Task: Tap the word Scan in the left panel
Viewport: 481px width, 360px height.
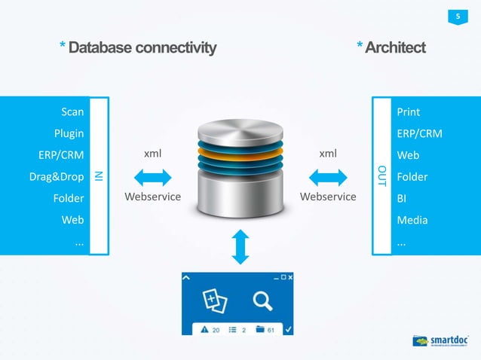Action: [72, 112]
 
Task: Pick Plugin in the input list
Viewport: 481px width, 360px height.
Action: [69, 134]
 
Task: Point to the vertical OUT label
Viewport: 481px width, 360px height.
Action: [381, 175]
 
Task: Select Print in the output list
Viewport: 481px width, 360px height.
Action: [408, 112]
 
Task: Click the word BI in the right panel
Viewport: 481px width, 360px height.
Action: [402, 199]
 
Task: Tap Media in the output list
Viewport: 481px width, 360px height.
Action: [412, 221]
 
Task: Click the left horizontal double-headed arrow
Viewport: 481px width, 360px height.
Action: [152, 177]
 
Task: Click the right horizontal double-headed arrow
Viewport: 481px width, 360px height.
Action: [328, 177]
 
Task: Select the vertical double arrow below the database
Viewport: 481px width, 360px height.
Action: [240, 247]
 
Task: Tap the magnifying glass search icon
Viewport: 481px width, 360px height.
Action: [262, 301]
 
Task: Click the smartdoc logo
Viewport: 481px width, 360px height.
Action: [442, 341]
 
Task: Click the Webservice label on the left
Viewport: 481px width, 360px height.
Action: [152, 197]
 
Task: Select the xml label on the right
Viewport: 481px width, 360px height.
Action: [328, 154]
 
